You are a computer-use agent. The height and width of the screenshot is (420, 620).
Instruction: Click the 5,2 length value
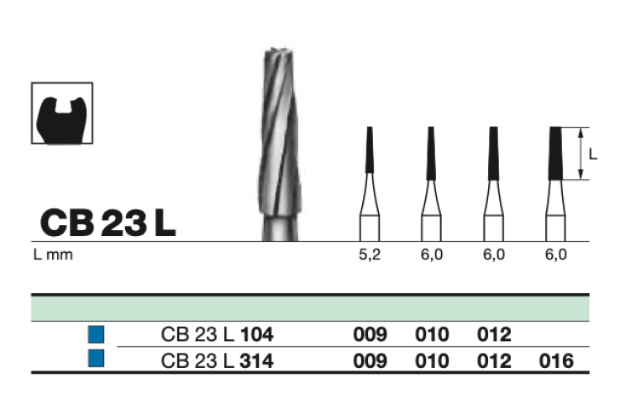pyautogui.click(x=370, y=255)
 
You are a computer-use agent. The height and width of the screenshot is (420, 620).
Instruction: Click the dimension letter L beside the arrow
pyautogui.click(x=593, y=154)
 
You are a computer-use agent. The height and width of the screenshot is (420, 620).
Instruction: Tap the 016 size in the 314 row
pyautogui.click(x=556, y=361)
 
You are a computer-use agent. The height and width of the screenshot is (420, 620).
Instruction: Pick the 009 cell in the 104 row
pyautogui.click(x=370, y=335)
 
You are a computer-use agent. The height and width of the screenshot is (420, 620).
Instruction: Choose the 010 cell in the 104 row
pyautogui.click(x=432, y=335)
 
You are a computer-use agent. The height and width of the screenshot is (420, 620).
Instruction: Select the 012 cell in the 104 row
pyautogui.click(x=494, y=335)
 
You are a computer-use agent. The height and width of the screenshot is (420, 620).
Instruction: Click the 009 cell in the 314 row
pyautogui.click(x=370, y=361)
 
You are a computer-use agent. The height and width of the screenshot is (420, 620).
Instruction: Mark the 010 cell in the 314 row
pyautogui.click(x=432, y=361)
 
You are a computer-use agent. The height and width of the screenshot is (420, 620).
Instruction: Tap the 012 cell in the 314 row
pyautogui.click(x=494, y=361)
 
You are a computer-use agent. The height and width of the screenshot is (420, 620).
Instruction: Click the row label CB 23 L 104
pyautogui.click(x=217, y=335)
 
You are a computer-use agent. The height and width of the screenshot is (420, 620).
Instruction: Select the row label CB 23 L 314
pyautogui.click(x=217, y=361)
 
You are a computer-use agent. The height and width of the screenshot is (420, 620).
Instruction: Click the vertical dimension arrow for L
pyautogui.click(x=581, y=154)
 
